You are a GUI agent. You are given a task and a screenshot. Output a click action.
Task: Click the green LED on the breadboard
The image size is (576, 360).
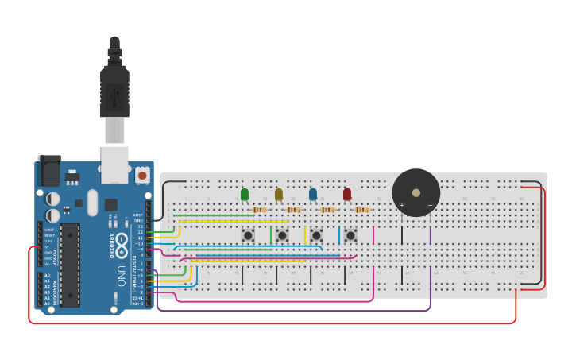point(245,194)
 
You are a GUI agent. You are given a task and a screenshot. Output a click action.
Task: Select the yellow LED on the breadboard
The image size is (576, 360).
point(279,194)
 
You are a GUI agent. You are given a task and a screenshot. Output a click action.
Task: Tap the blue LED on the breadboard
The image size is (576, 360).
point(313,194)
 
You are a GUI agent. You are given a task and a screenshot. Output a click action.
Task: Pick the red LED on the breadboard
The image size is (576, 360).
point(347,194)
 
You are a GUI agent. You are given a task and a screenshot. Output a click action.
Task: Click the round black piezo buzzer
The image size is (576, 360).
point(416,192)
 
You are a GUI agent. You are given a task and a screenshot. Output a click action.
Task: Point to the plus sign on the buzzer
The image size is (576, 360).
point(401,206)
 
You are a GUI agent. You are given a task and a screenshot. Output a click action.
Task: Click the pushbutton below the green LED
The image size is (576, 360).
point(248,235)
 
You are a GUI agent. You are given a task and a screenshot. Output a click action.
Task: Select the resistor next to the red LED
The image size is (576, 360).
point(361,210)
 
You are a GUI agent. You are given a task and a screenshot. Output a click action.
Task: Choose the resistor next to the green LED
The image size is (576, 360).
point(259,210)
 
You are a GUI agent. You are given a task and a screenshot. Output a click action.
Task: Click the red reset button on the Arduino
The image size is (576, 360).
point(142,175)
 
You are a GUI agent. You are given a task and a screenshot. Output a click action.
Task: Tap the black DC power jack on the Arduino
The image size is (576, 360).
point(48,171)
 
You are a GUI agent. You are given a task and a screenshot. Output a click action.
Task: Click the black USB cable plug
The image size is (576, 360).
point(114,91)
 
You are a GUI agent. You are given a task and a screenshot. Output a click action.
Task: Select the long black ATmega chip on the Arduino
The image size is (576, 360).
point(70,265)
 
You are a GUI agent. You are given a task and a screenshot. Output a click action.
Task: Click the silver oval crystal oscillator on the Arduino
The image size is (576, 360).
point(93,202)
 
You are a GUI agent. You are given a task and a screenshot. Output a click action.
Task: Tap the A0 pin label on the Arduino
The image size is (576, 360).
point(47,275)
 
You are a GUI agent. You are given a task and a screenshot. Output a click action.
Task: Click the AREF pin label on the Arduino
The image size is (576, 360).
point(138,215)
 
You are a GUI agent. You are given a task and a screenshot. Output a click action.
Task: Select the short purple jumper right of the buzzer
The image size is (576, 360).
point(431,235)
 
